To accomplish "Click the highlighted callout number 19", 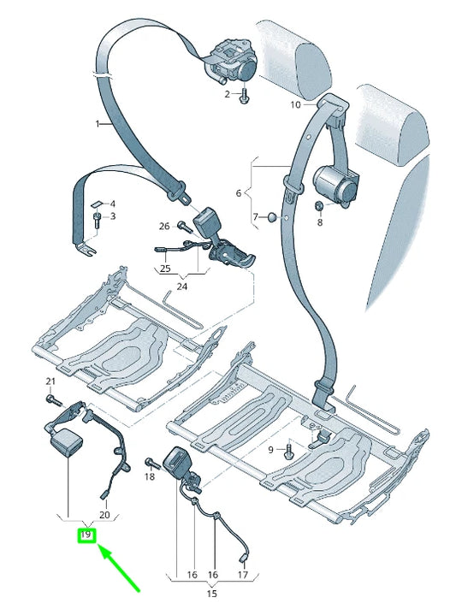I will pos(86,536).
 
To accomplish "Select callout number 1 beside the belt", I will pos(98,123).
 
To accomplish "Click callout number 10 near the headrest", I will pos(295,105).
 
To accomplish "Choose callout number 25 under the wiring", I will pos(163,269).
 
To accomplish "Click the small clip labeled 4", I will pos(97,203).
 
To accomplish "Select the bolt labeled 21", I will pos(54,399).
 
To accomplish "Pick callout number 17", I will pos(243,576).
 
